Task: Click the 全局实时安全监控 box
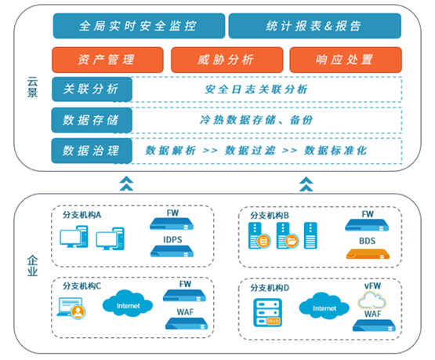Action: click(139, 26)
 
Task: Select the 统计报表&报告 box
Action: click(315, 26)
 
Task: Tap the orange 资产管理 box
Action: click(107, 60)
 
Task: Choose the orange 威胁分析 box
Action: click(227, 60)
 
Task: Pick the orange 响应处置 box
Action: click(346, 60)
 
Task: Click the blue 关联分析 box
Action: click(92, 89)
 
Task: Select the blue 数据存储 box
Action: click(92, 120)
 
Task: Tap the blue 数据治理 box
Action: click(92, 151)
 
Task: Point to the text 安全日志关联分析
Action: click(256, 89)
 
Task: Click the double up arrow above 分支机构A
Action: click(126, 184)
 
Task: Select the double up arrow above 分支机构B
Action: click(306, 184)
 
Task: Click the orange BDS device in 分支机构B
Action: click(368, 254)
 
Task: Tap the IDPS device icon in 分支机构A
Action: click(172, 251)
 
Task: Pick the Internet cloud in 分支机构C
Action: click(128, 304)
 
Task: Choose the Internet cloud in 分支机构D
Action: click(324, 306)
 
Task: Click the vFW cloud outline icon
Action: click(372, 300)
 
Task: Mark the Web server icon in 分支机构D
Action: click(268, 312)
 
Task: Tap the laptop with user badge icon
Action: click(71, 308)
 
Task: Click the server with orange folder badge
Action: click(288, 235)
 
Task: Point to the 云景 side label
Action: click(32, 87)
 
